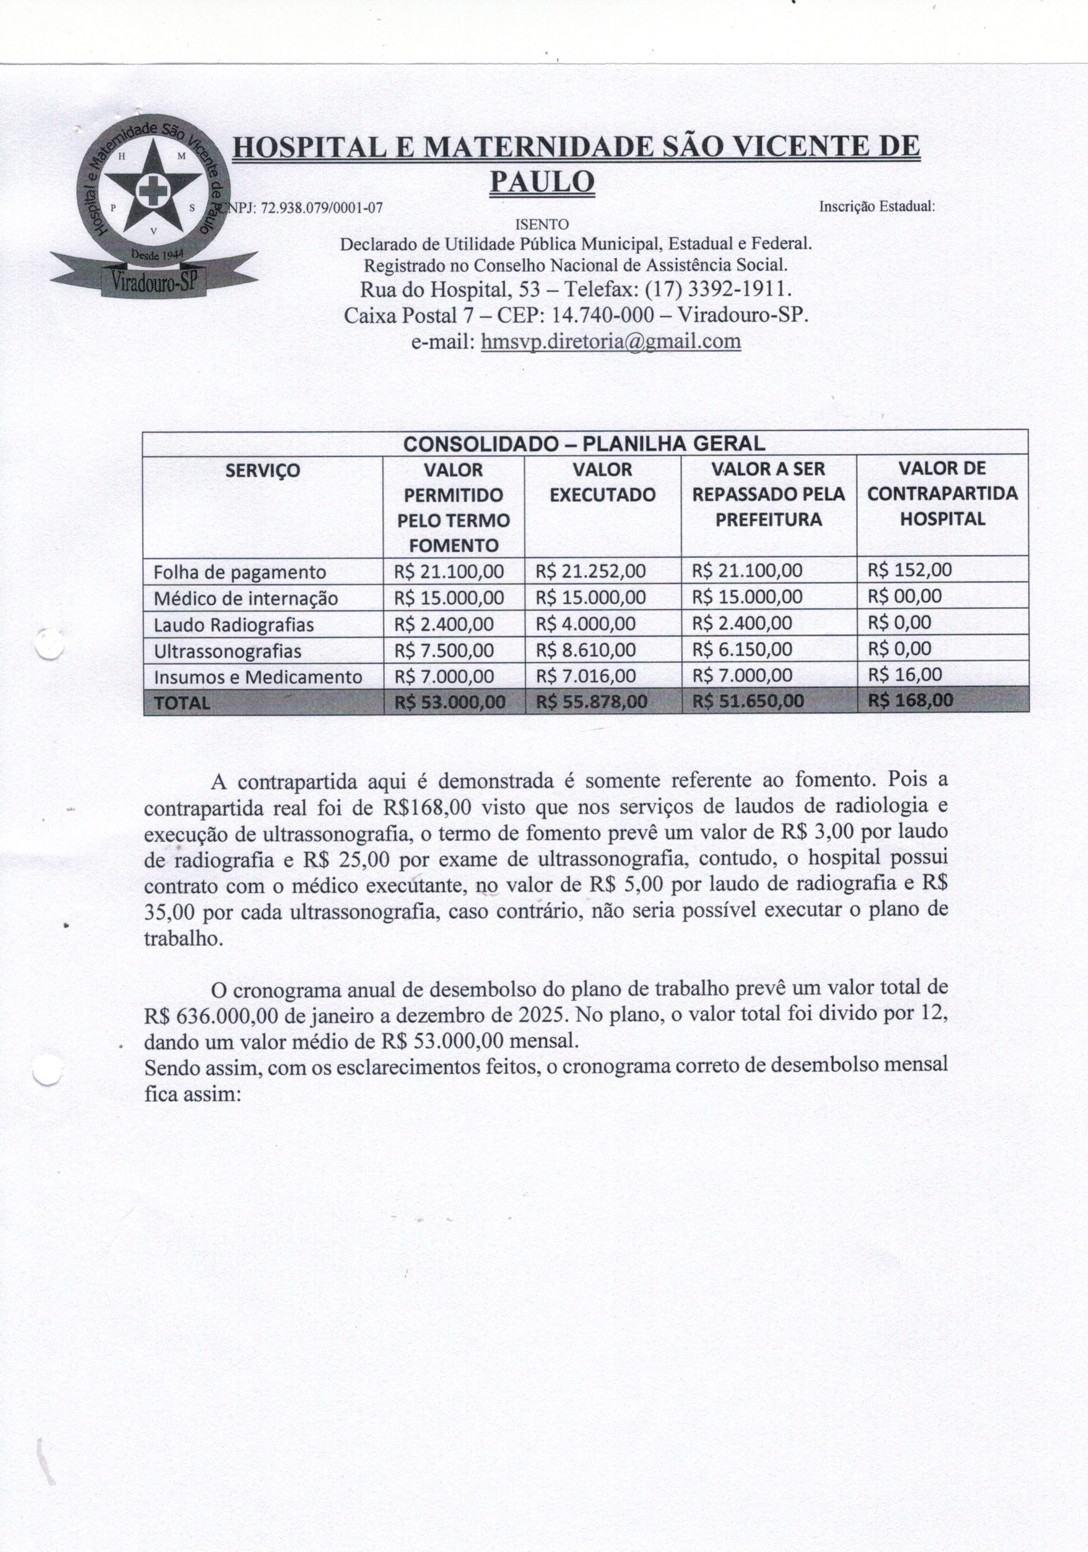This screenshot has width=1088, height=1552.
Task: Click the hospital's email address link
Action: click(x=611, y=341)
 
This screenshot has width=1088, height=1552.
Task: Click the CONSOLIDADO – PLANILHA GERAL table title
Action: click(x=584, y=443)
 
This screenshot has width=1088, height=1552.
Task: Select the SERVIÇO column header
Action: click(x=262, y=470)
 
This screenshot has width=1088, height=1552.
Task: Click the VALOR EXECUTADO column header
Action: click(x=602, y=482)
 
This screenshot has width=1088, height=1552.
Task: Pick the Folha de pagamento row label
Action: click(x=239, y=572)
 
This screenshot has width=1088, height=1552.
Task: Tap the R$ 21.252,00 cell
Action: click(x=590, y=571)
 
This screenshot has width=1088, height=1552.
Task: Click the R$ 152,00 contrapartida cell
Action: click(x=910, y=570)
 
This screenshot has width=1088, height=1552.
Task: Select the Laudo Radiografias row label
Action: click(x=233, y=625)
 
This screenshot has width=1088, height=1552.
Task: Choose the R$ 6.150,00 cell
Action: click(x=742, y=650)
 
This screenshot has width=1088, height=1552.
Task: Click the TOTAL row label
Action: click(x=182, y=702)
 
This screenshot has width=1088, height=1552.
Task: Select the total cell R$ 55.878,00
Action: click(x=591, y=702)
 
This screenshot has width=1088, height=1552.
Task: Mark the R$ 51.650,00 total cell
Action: click(x=748, y=701)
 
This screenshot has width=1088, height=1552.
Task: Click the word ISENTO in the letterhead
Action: click(x=542, y=224)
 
